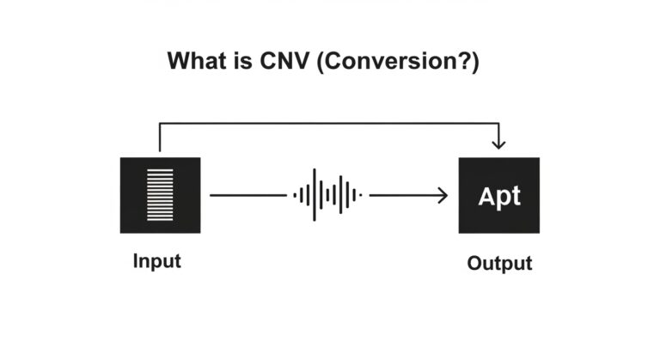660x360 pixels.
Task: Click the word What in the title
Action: [195, 62]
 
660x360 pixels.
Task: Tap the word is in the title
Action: [241, 62]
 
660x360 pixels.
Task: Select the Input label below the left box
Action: [157, 261]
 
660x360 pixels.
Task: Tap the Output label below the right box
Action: [499, 263]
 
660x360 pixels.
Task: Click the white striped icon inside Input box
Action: [160, 195]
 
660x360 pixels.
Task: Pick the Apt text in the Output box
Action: [499, 196]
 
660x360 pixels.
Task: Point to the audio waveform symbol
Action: [327, 195]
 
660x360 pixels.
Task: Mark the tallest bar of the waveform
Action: [315, 195]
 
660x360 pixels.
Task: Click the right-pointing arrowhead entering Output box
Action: [443, 196]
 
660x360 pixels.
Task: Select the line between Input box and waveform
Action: [247, 195]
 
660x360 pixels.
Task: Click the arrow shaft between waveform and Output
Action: [404, 196]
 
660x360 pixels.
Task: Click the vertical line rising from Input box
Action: [160, 138]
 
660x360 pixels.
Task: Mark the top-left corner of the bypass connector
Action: [160, 124]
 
